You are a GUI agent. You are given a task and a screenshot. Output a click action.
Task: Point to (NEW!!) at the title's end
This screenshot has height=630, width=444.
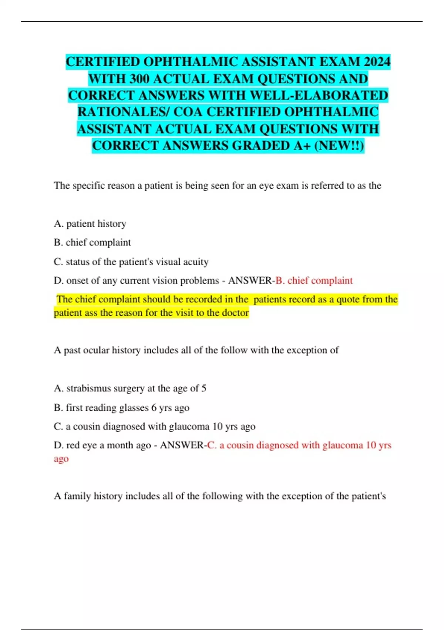coord(339,145)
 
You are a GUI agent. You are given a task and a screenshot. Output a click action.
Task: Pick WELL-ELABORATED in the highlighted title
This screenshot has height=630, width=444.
coord(319,95)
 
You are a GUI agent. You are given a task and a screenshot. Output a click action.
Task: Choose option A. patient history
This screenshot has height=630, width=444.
coord(90,224)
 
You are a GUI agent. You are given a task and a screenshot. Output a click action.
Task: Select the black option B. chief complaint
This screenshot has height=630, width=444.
coord(92,242)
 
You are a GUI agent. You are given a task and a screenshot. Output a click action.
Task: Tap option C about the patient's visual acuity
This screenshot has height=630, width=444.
coord(131,262)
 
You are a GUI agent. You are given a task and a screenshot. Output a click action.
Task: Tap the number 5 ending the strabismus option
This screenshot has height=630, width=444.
coord(203,388)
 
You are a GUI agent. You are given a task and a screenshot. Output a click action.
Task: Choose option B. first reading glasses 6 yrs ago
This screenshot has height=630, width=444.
coord(121,408)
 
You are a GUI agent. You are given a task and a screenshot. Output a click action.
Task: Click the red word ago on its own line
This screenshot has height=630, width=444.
coord(61,459)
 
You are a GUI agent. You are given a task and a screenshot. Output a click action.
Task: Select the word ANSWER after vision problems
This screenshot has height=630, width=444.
coord(250,281)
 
